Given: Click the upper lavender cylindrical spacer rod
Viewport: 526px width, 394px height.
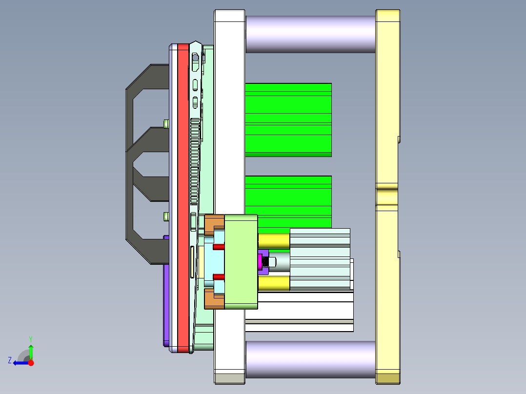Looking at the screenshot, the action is (310, 34).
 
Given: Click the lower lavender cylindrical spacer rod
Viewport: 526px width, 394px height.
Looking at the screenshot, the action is (310, 359).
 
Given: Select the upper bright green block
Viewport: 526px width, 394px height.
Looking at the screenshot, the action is (288, 120).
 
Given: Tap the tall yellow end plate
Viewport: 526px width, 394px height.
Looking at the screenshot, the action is (388, 197).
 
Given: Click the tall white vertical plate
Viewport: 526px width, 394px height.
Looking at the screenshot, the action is (230, 197).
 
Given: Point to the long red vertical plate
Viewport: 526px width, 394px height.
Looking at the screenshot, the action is (183, 198).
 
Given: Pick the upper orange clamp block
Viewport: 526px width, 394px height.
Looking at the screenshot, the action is (214, 224).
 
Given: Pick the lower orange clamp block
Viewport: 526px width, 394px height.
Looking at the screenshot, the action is (214, 299).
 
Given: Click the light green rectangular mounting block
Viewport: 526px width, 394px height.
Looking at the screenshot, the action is (241, 262).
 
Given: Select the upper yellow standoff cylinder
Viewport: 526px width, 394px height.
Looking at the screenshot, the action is (274, 241).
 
